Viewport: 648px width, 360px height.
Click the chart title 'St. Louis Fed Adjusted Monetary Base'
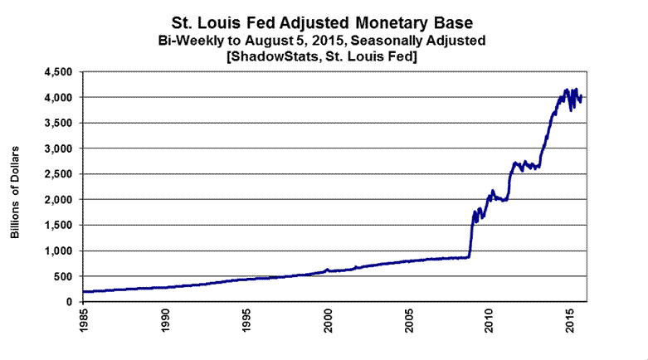[x=324, y=18]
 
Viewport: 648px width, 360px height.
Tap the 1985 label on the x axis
[x=84, y=320]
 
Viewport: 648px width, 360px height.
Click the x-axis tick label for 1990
[x=165, y=320]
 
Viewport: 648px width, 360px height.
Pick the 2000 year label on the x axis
[x=328, y=320]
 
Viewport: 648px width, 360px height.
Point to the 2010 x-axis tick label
[x=490, y=320]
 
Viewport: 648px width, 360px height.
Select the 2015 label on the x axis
[x=572, y=320]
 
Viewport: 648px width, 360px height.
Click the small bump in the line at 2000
[x=327, y=270]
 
